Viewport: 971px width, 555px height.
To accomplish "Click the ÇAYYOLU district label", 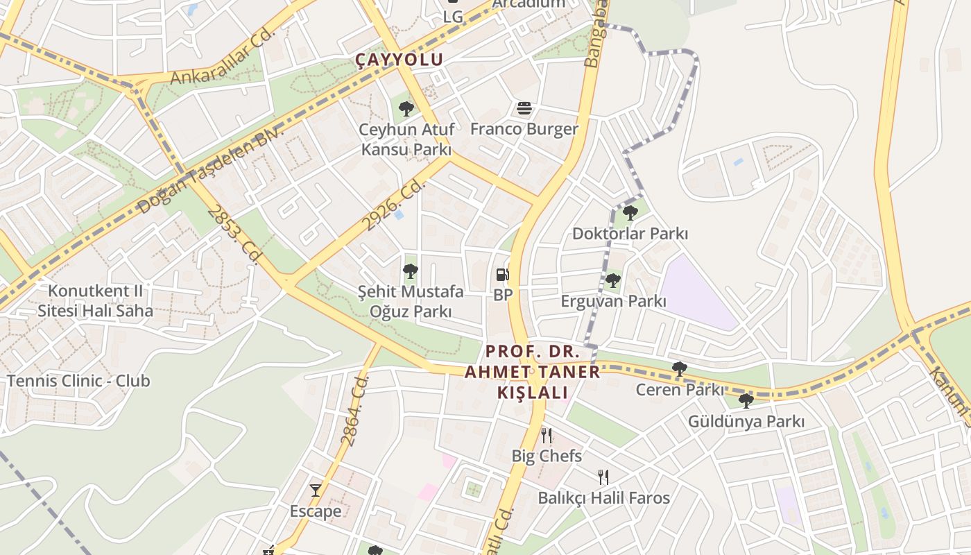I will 399,60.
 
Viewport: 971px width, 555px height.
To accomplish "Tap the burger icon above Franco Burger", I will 524,108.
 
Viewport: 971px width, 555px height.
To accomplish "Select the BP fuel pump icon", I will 503,275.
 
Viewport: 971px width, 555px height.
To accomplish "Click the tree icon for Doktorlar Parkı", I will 630,212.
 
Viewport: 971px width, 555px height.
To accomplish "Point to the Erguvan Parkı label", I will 613,301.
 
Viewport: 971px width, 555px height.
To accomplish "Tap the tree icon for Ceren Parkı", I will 680,369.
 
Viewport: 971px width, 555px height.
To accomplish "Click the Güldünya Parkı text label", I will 746,421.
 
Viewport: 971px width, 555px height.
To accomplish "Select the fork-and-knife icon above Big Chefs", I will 547,436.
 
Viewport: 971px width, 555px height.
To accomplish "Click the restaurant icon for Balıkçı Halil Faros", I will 603,477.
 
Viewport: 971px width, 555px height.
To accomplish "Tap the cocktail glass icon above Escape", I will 316,490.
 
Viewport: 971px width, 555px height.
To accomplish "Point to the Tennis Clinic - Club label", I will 78,380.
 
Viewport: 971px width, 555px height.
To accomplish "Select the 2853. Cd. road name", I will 236,234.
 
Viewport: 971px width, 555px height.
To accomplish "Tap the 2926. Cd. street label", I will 394,205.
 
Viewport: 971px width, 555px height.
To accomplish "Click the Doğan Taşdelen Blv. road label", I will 211,171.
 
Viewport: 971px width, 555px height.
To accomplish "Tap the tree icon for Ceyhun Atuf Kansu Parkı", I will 406,108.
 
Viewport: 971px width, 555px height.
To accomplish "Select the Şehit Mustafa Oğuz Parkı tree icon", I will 411,271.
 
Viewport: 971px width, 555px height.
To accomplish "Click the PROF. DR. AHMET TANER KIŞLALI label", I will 532,372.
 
